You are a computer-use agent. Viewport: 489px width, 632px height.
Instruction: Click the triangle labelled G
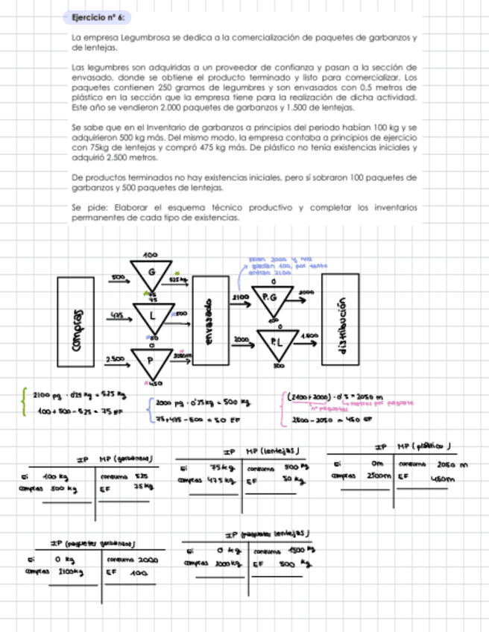[x=151, y=274]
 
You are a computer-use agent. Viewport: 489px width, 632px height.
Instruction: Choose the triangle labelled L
[x=154, y=317]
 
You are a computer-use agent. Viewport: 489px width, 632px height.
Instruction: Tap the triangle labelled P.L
[x=278, y=342]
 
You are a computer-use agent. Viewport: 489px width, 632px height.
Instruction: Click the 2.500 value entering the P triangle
[x=115, y=359]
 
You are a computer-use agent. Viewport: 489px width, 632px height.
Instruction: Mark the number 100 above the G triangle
[x=150, y=255]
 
